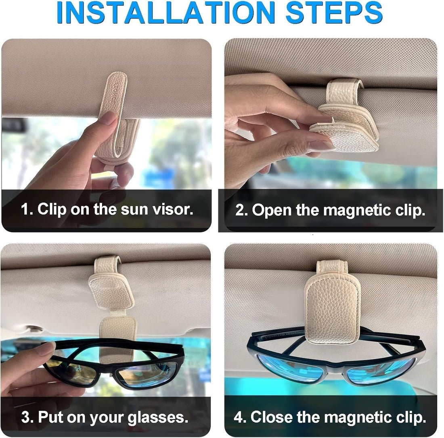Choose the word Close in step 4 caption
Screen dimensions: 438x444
[272, 417]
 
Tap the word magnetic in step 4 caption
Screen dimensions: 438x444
[346, 417]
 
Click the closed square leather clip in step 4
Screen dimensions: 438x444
[332, 306]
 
